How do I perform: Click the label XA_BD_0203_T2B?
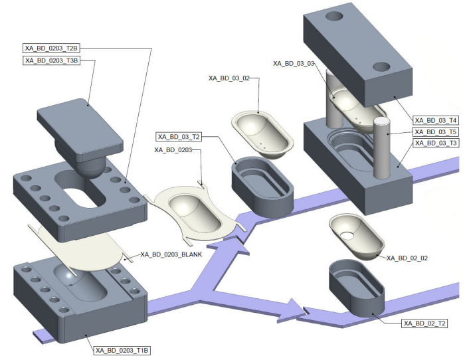click(x=52, y=48)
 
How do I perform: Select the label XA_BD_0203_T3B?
click(x=52, y=60)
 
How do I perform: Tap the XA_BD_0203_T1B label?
click(x=122, y=350)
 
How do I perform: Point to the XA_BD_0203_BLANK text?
click(x=171, y=254)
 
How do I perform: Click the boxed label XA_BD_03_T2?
click(x=160, y=137)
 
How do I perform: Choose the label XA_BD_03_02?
click(x=229, y=78)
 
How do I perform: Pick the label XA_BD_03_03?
click(x=293, y=63)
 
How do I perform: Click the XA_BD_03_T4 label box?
click(x=435, y=120)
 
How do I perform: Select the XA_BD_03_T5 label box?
click(x=435, y=132)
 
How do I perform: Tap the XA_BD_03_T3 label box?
click(x=435, y=143)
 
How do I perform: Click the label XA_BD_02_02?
click(x=406, y=258)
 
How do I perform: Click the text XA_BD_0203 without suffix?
click(x=173, y=150)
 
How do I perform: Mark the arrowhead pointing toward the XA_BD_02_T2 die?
click(x=292, y=310)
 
